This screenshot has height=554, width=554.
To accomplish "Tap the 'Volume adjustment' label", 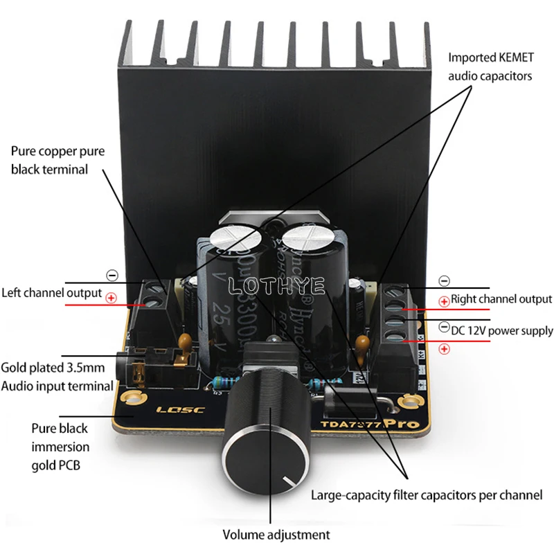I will (x=276, y=535).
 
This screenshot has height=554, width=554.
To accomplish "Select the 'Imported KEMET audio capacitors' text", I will (x=490, y=66).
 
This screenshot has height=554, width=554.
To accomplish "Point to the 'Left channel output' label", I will (x=51, y=293).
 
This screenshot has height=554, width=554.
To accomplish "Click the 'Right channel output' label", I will (x=501, y=299).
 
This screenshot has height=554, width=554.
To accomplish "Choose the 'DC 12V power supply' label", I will (x=501, y=330).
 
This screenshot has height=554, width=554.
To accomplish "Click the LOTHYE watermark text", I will (x=276, y=285).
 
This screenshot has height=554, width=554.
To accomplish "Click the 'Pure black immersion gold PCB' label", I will (x=60, y=447).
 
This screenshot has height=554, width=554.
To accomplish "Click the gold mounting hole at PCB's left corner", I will (x=133, y=400).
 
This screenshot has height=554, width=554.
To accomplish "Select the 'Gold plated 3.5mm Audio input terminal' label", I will (x=57, y=376).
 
